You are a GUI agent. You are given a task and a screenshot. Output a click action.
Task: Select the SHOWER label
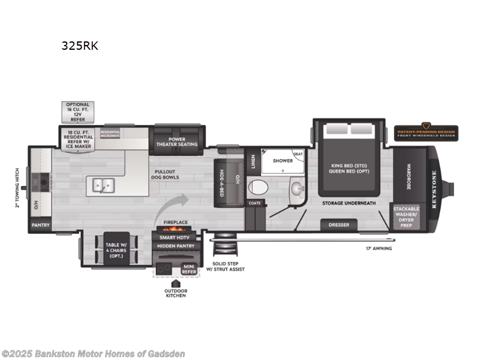point(283,161)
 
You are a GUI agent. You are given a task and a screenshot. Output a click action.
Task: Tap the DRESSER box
point(339,226)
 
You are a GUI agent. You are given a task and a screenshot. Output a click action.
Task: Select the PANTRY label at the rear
point(41,226)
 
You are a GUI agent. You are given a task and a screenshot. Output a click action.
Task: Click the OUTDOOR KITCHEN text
point(175,294)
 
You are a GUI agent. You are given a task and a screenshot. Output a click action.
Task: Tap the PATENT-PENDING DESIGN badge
point(426,132)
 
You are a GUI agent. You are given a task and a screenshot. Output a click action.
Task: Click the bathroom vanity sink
point(296,189)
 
